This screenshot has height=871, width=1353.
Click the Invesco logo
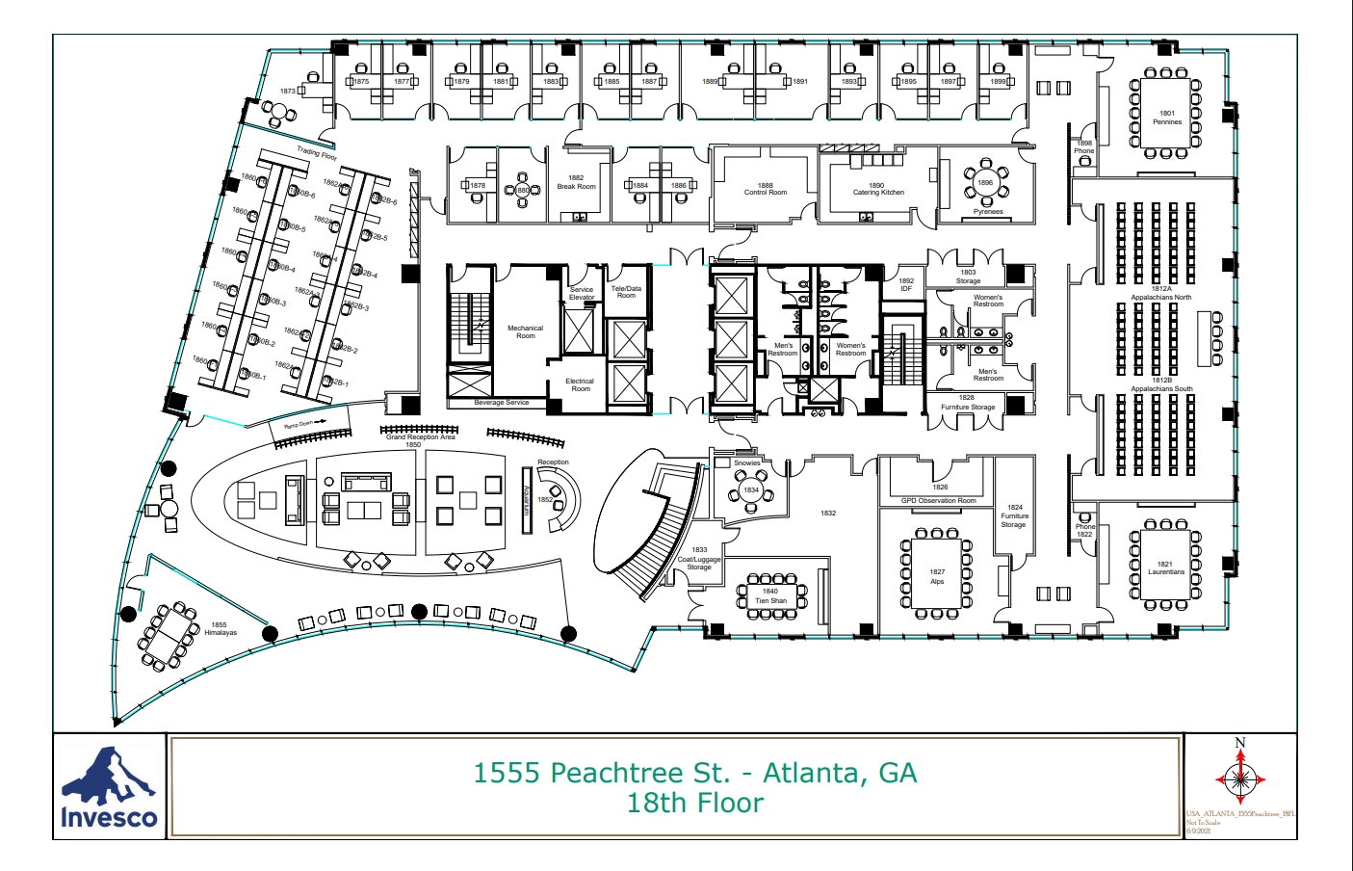[109, 787]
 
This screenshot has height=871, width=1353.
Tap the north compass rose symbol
[1239, 778]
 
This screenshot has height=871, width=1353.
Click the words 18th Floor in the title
[694, 804]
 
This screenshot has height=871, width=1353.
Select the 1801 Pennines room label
[1166, 118]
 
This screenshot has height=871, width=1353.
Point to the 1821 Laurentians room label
[1165, 567]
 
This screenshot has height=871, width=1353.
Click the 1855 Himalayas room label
[220, 629]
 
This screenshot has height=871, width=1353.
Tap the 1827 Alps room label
[937, 576]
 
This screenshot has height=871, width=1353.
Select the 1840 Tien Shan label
[770, 596]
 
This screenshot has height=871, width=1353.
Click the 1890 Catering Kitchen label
[877, 189]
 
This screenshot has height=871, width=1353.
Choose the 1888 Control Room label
[765, 189]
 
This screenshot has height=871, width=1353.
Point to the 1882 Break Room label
[576, 182]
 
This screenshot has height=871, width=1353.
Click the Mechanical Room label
[525, 331]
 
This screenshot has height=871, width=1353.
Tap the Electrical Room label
[580, 384]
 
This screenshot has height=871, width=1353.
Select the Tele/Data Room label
[626, 292]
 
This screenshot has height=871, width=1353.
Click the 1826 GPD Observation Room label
[939, 494]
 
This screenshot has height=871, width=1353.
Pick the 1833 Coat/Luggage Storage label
[699, 559]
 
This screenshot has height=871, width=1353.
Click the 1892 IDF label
[906, 284]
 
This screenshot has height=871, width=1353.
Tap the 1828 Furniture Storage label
[967, 402]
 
